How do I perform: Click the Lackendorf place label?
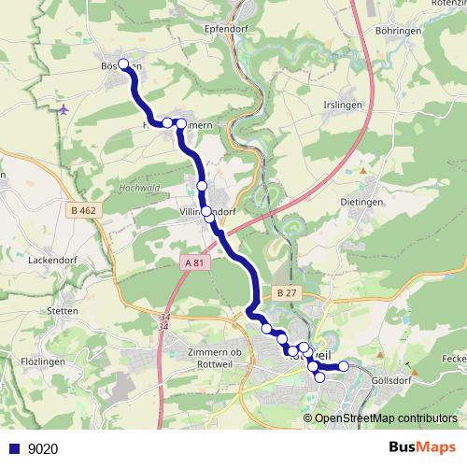tap(51, 259)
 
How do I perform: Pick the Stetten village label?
tap(62, 310)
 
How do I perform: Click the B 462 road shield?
tap(83, 211)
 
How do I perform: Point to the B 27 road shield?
tap(287, 292)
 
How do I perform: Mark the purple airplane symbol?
tap(63, 108)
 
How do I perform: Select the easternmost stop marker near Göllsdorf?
tap(343, 366)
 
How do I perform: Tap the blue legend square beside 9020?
tap(13, 448)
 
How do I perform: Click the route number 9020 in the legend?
tap(43, 448)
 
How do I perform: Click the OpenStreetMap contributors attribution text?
tap(386, 417)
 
